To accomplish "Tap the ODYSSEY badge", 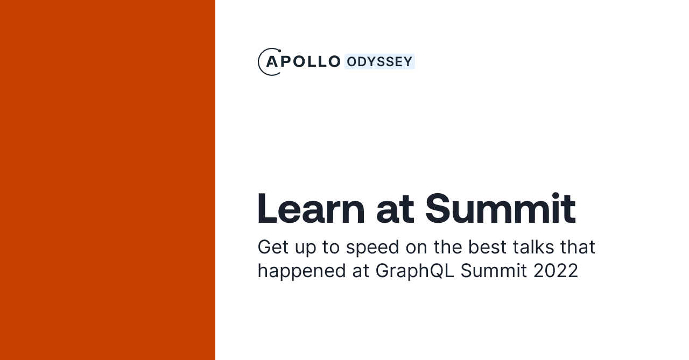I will pyautogui.click(x=379, y=62).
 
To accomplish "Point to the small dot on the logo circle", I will pyautogui.click(x=279, y=51).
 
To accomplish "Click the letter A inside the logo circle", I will pyautogui.click(x=272, y=62).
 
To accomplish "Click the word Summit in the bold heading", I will pyautogui.click(x=500, y=208).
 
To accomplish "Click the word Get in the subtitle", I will pyautogui.click(x=271, y=247).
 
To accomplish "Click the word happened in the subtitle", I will pyautogui.click(x=302, y=271).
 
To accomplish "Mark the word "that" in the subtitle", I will pyautogui.click(x=578, y=247).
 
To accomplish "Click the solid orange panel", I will pyautogui.click(x=108, y=180).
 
